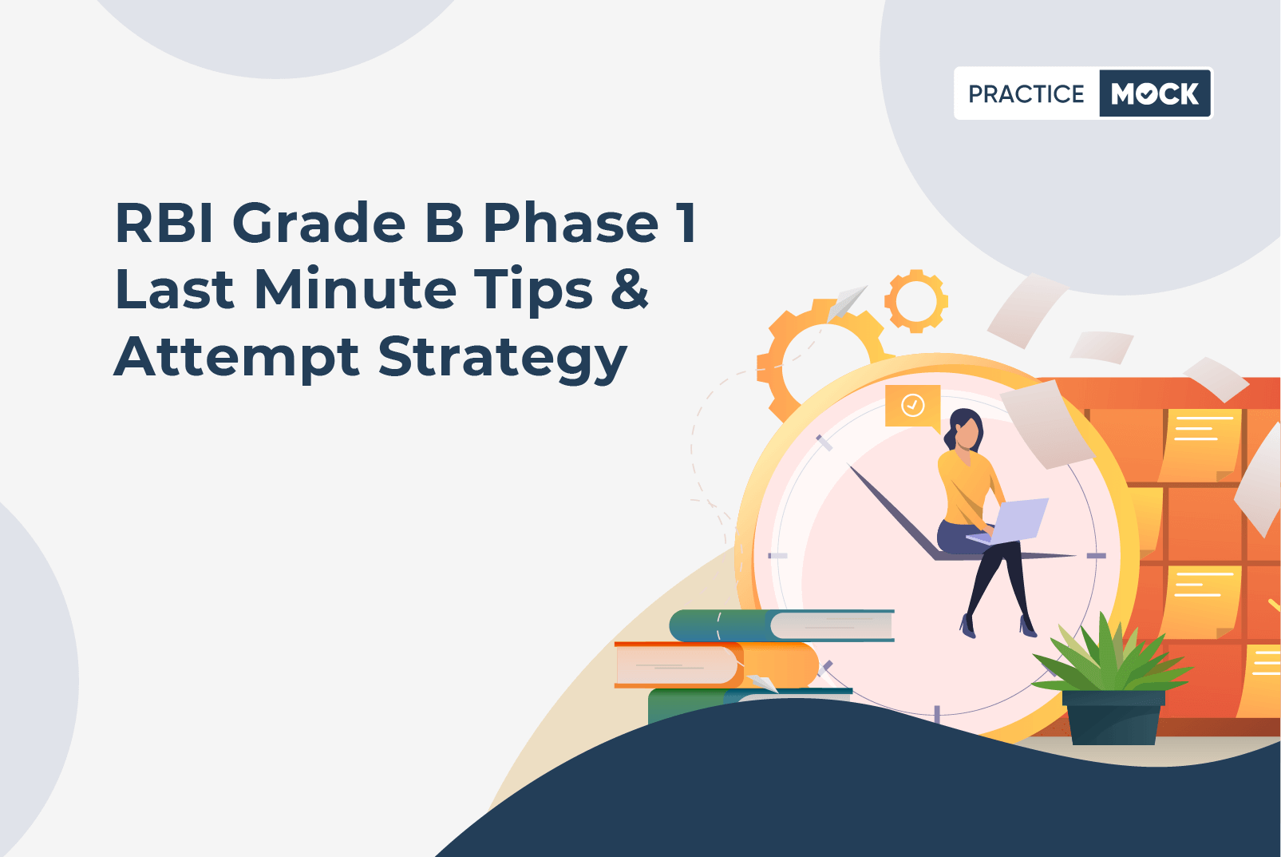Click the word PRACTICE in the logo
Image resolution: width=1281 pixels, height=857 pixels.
(1026, 93)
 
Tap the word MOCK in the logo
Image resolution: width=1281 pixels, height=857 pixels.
(1155, 93)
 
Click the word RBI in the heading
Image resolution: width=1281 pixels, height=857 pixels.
(164, 222)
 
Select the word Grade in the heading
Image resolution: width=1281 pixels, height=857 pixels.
(319, 222)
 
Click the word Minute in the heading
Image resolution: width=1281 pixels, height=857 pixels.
(355, 288)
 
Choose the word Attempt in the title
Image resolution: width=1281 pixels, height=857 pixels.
(237, 357)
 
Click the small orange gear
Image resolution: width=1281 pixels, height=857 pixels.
(916, 301)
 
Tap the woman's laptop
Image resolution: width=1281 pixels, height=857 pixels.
(1011, 522)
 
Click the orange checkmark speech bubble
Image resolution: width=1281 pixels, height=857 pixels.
(913, 407)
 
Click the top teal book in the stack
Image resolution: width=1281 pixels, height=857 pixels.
(781, 625)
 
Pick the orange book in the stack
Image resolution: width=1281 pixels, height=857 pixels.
(717, 665)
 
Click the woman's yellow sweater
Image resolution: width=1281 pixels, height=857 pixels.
(968, 485)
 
